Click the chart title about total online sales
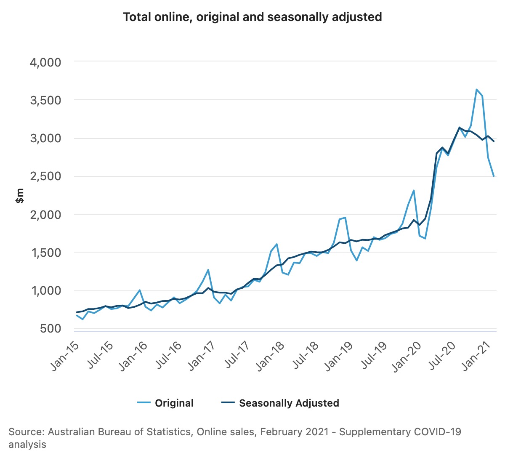pyautogui.click(x=252, y=17)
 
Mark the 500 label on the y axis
pyautogui.click(x=50, y=329)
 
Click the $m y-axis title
pyautogui.click(x=19, y=196)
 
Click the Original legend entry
pyautogui.click(x=174, y=403)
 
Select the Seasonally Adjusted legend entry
pyautogui.click(x=289, y=403)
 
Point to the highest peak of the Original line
pyautogui.click(x=476, y=89)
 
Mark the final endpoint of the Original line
pyautogui.click(x=494, y=176)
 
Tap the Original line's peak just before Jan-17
pyautogui.click(x=208, y=270)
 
